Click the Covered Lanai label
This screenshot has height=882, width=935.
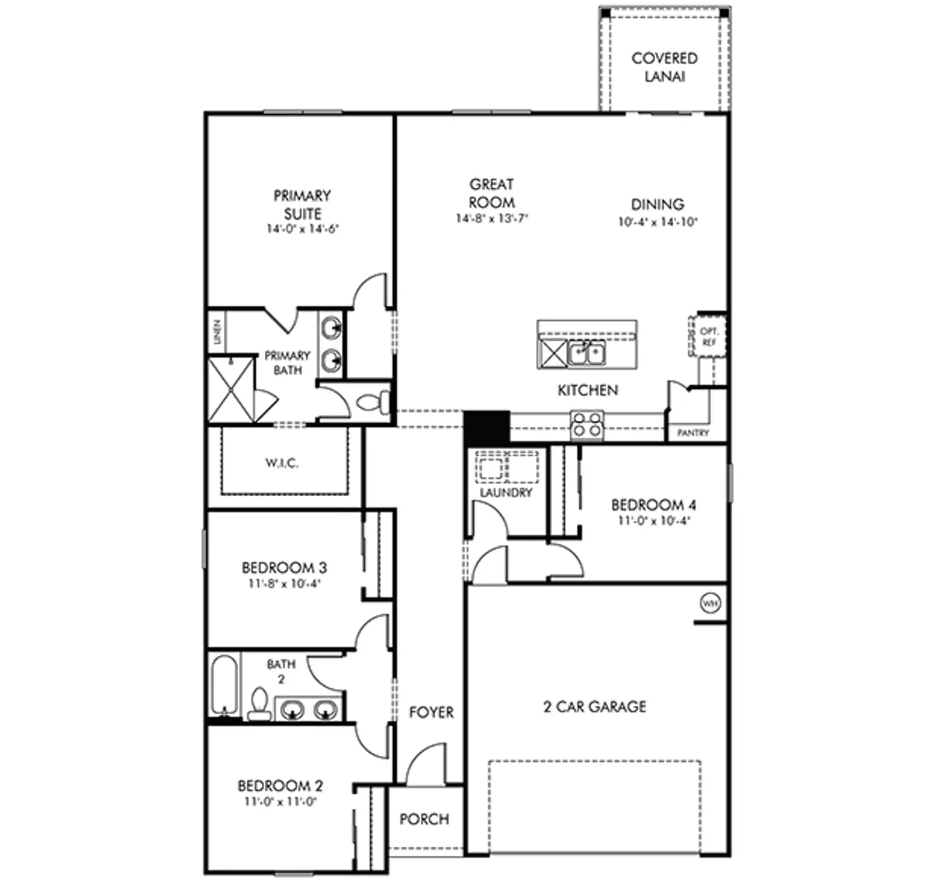(664, 67)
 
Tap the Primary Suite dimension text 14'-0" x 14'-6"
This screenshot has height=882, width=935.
(303, 229)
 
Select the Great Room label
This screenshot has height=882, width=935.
(491, 193)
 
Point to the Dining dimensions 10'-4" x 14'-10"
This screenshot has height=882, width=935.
(658, 222)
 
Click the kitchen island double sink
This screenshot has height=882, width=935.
(587, 353)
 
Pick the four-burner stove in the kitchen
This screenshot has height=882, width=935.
(587, 425)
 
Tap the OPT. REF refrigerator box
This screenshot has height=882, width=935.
(708, 336)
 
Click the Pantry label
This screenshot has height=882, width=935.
(693, 433)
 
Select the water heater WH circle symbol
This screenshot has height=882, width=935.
(710, 603)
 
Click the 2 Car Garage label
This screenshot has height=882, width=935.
(595, 707)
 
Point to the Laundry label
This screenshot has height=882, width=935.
(506, 493)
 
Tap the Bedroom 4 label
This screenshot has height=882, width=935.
(653, 505)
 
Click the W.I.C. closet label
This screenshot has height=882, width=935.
(282, 463)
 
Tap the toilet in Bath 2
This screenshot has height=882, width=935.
(259, 704)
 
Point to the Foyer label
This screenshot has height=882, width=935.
(431, 712)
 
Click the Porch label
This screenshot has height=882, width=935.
(424, 819)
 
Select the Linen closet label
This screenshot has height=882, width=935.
(217, 331)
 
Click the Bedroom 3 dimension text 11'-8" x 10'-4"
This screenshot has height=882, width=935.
(285, 583)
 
